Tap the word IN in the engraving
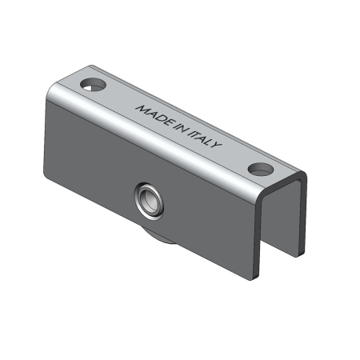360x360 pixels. click(x=181, y=129)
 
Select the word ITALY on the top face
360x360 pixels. click(x=205, y=138)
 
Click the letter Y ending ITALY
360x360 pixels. click(x=217, y=145)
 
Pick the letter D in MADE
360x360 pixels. click(x=159, y=118)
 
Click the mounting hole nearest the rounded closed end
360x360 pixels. click(x=93, y=84)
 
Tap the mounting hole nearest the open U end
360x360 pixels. click(x=261, y=169)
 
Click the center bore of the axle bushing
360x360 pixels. click(x=150, y=202)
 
